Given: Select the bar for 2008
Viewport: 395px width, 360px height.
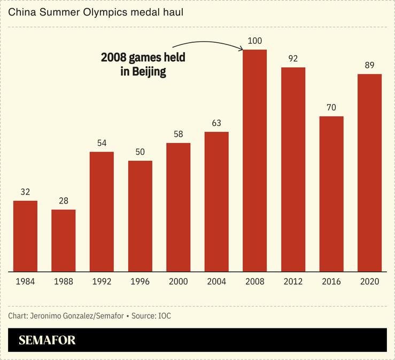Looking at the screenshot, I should coord(254,160).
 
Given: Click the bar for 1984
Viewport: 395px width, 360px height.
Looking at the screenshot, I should coord(25,236).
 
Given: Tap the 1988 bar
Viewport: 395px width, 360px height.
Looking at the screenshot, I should coord(64,240).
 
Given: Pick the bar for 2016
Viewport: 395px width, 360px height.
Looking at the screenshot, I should coord(331,193).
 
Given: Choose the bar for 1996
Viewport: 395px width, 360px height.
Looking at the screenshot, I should coord(140,216).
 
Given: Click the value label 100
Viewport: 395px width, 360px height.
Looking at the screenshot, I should coord(254,40).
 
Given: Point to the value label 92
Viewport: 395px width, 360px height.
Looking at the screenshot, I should coord(293,58).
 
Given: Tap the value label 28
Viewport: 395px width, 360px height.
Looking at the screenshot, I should coord(64,200).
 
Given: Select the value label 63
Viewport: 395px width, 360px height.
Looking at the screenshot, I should coord(216,123).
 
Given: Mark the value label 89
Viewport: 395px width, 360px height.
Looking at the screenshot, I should coord(369,65).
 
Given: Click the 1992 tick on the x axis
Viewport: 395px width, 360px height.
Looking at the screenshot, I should coord(102,281).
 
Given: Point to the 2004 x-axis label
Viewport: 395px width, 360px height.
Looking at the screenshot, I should coord(216,281).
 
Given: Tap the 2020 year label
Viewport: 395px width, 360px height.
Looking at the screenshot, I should coord(369,281).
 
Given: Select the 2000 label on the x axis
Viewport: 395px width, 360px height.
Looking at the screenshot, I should coord(178,281).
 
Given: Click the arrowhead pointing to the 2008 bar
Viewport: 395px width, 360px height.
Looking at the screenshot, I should coord(241,49).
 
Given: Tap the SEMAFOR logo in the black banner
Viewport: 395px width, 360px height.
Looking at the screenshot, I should coord(47,340).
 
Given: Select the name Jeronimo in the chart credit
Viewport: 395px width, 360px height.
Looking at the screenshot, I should coord(47,316).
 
